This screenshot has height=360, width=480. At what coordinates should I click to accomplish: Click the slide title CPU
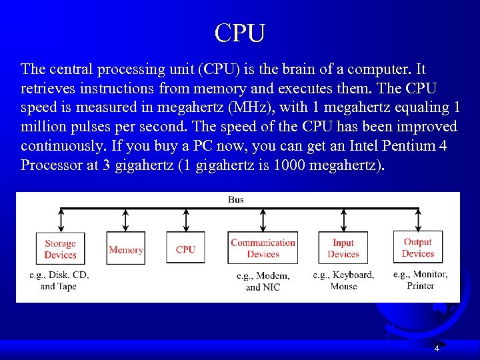[240, 32]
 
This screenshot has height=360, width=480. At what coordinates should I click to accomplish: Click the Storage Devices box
[60, 249]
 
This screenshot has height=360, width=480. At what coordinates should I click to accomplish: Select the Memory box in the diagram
[126, 249]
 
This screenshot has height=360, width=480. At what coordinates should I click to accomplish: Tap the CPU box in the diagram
[185, 249]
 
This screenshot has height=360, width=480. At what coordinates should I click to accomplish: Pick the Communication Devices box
[263, 249]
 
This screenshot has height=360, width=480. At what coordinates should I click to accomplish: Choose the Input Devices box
[343, 249]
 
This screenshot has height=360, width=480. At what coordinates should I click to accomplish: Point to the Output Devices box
[418, 248]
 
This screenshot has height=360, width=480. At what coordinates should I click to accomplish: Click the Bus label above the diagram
[236, 199]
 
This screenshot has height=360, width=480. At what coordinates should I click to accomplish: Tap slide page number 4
[437, 349]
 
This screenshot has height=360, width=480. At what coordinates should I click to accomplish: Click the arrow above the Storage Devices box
[61, 220]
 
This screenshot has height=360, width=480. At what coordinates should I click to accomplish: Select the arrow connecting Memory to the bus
[126, 220]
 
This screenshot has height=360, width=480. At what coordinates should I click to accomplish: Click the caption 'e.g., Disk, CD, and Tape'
[59, 281]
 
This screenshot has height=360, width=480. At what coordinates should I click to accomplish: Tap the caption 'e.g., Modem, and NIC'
[263, 281]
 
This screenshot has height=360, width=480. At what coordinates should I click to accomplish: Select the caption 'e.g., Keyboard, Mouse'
[343, 281]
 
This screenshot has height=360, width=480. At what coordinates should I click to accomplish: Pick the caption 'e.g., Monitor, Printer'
[420, 280]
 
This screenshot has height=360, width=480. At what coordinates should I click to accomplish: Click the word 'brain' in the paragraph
[273, 69]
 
